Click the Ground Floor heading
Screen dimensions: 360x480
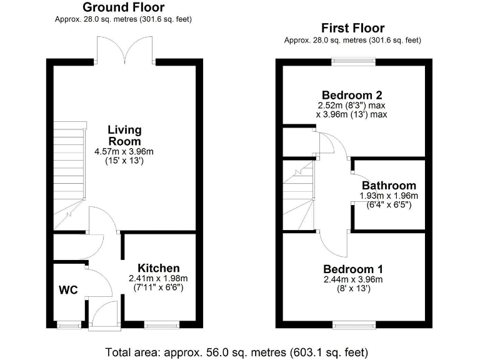click(x=124, y=7)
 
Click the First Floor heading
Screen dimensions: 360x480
click(x=352, y=28)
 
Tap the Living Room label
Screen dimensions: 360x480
click(x=124, y=136)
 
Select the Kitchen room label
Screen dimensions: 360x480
click(x=159, y=268)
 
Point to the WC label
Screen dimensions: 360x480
click(x=68, y=291)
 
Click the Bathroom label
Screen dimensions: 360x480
click(x=389, y=186)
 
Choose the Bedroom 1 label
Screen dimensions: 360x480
click(x=353, y=269)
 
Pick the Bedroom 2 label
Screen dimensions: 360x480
click(x=353, y=95)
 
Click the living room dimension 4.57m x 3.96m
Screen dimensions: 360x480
click(x=124, y=152)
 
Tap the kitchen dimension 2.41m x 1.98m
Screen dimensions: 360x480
click(x=158, y=279)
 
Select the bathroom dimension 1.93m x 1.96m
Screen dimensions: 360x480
click(x=388, y=196)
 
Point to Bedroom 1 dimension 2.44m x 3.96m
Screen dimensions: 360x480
click(x=353, y=279)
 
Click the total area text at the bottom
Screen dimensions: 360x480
click(x=237, y=351)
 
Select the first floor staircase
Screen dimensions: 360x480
click(x=299, y=194)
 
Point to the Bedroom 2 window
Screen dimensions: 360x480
click(x=353, y=61)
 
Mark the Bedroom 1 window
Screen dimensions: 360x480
click(x=354, y=325)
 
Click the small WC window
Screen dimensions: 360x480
click(x=69, y=325)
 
